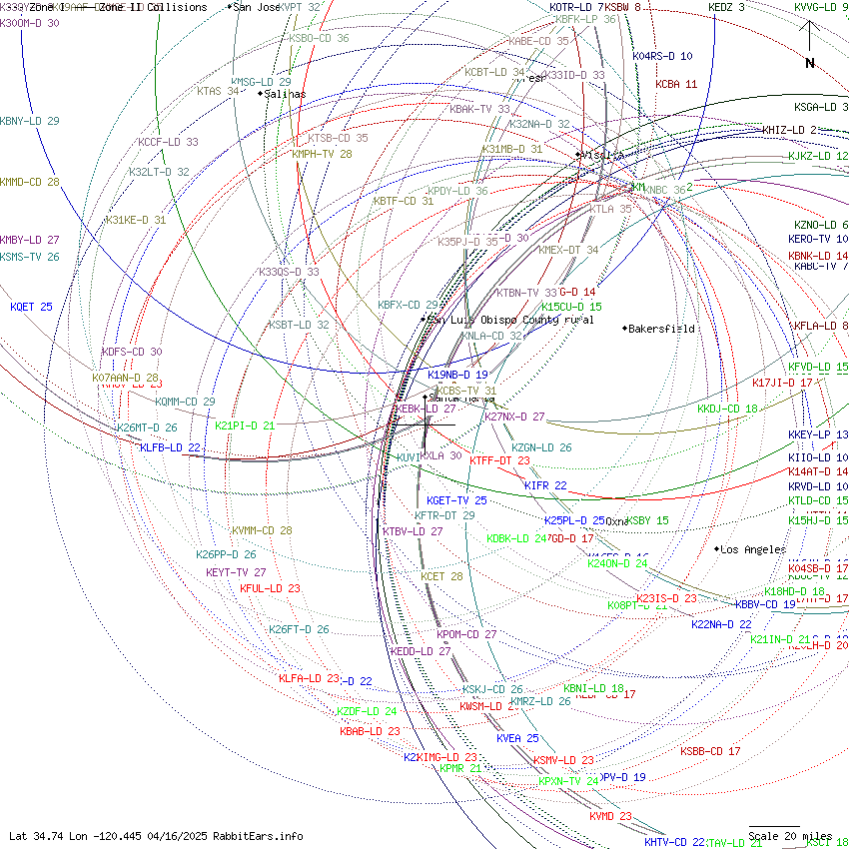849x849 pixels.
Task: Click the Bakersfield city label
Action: pyautogui.click(x=661, y=329)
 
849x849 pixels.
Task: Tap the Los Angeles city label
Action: pyautogui.click(x=753, y=550)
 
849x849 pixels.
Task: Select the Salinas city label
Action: pyautogui.click(x=285, y=94)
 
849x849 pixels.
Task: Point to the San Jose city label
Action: pyautogui.click(x=257, y=7)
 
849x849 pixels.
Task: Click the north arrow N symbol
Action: pyautogui.click(x=810, y=62)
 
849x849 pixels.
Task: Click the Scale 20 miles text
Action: pyautogui.click(x=790, y=836)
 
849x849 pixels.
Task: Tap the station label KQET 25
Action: pyautogui.click(x=31, y=307)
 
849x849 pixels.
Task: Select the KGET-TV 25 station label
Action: pyautogui.click(x=456, y=500)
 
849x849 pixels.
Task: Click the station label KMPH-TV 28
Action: pyautogui.click(x=322, y=155)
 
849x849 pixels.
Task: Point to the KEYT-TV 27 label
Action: pyautogui.click(x=236, y=572)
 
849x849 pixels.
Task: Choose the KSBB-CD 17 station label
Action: pyautogui.click(x=710, y=751)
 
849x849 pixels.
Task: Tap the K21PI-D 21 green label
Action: pyautogui.click(x=245, y=425)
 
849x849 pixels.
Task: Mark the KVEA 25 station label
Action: pyautogui.click(x=517, y=738)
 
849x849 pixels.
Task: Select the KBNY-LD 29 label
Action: pyautogui.click(x=30, y=121)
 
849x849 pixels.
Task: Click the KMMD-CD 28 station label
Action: pyautogui.click(x=30, y=182)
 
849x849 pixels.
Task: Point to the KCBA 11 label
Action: pyautogui.click(x=676, y=85)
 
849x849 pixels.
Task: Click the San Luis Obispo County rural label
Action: pyautogui.click(x=509, y=320)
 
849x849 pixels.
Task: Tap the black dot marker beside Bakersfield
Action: pyautogui.click(x=625, y=329)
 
